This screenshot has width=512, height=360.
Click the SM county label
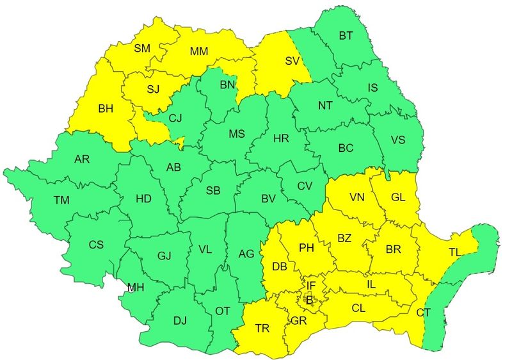[x=141, y=48]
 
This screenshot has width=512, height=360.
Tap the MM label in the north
[x=200, y=50]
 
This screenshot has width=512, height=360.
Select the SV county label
[x=292, y=61]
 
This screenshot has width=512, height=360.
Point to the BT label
[x=346, y=37]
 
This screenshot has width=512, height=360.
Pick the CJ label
[x=175, y=117]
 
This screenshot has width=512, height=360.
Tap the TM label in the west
[x=61, y=200]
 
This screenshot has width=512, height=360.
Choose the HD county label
[x=143, y=199]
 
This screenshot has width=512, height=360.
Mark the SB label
[x=213, y=191]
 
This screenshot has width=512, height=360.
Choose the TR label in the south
[x=262, y=328]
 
